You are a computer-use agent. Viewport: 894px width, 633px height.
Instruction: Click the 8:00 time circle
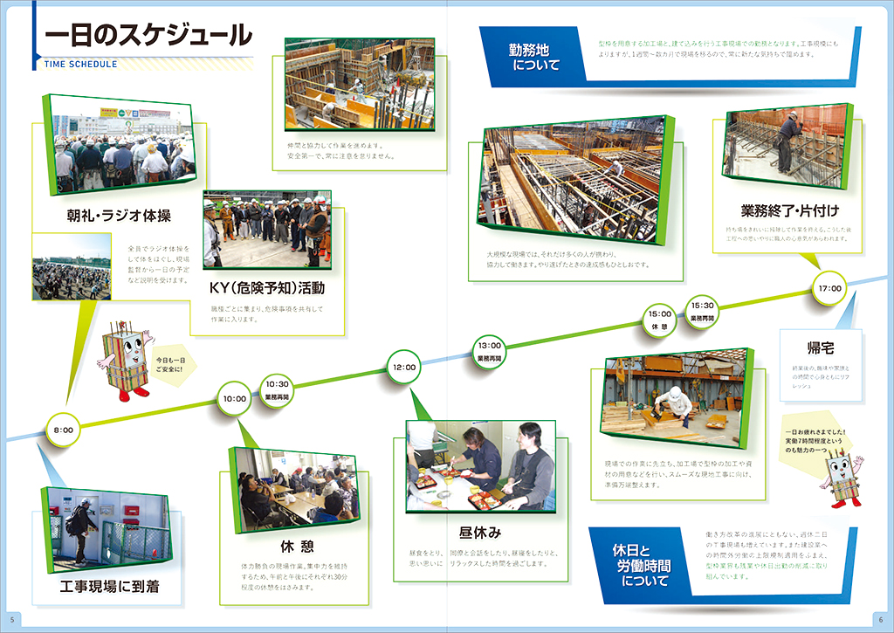pyautogui.click(x=63, y=430)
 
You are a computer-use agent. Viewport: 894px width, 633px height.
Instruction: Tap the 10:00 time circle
pyautogui.click(x=234, y=399)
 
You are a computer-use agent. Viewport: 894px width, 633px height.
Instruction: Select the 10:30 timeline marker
pyautogui.click(x=277, y=388)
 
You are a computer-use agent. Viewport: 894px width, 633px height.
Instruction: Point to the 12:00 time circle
pyautogui.click(x=404, y=367)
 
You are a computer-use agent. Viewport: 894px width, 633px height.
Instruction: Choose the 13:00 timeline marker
pyautogui.click(x=489, y=348)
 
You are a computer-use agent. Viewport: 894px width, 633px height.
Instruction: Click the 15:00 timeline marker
pyautogui.click(x=659, y=318)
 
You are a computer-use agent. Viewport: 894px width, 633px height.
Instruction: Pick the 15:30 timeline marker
pyautogui.click(x=702, y=310)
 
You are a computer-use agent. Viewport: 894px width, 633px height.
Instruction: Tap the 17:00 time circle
pyautogui.click(x=829, y=288)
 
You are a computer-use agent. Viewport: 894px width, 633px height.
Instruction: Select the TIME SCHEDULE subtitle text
pyautogui.click(x=80, y=64)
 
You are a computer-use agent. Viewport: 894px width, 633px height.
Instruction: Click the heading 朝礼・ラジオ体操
pyautogui.click(x=119, y=216)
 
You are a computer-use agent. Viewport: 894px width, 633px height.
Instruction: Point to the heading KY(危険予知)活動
pyautogui.click(x=267, y=287)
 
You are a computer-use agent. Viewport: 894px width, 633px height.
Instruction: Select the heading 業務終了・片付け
pyautogui.click(x=790, y=210)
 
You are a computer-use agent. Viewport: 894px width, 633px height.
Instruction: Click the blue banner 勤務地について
pyautogui.click(x=535, y=56)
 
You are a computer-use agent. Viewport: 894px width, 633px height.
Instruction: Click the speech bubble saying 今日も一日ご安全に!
pyautogui.click(x=171, y=363)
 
